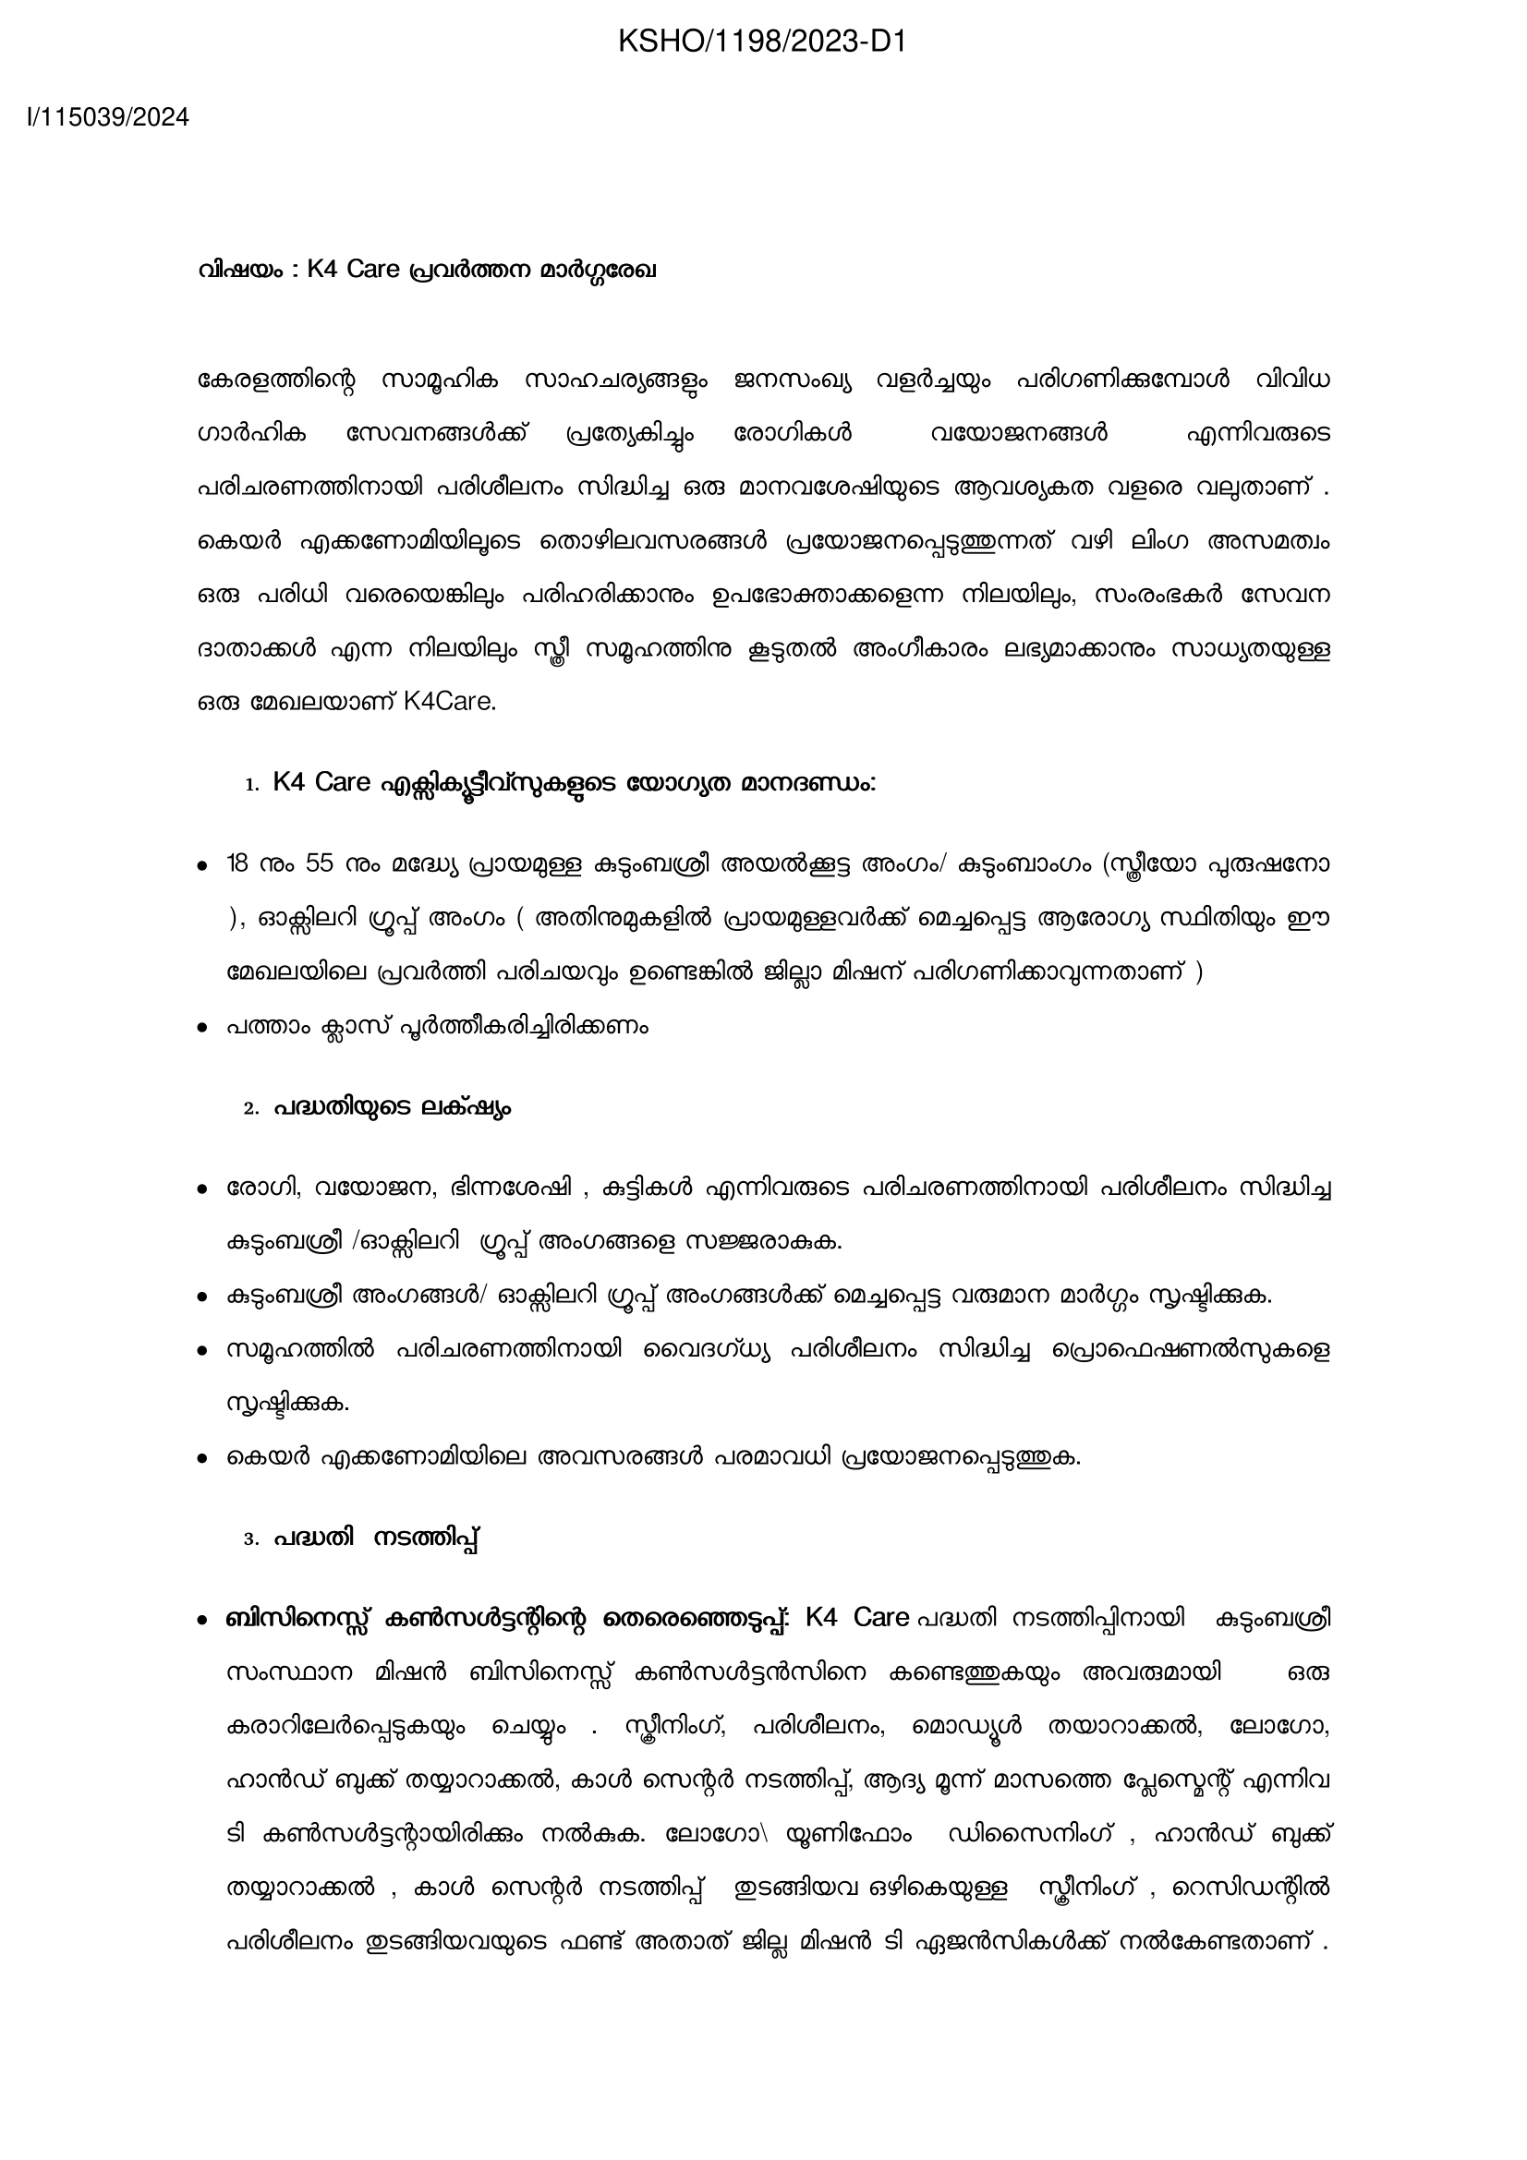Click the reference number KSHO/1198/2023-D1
762,42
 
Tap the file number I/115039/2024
108,117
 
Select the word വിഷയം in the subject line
240,270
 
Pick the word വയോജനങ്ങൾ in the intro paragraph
1019,434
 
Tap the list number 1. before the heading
251,785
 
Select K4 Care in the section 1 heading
321,783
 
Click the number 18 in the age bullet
239,863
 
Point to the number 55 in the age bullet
320,863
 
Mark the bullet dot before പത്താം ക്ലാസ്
201,1028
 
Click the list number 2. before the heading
251,1109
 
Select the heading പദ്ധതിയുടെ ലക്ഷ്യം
394,1108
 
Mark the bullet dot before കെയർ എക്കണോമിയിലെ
201,1460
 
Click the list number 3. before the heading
251,1540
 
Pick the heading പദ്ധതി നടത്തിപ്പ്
377,1539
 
